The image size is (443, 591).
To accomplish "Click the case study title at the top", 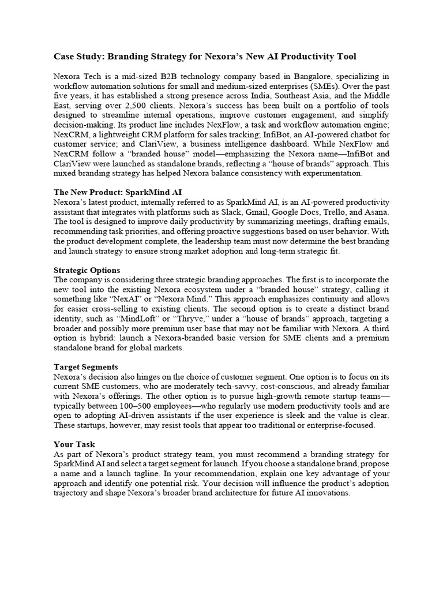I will click(x=205, y=56).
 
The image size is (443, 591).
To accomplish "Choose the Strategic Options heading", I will click(x=87, y=270).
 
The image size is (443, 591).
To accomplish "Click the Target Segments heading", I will click(x=86, y=367).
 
